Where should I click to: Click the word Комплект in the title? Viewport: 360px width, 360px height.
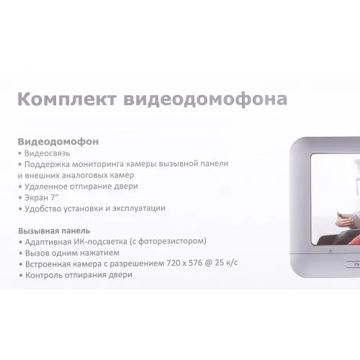click(x=67, y=99)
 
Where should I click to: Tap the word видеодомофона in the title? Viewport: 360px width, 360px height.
click(x=205, y=99)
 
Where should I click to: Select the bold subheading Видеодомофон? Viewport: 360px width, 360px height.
click(x=58, y=142)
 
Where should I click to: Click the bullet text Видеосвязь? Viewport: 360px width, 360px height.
click(x=48, y=153)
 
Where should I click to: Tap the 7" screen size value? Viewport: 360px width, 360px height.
click(x=55, y=197)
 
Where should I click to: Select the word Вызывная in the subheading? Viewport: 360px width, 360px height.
click(x=39, y=231)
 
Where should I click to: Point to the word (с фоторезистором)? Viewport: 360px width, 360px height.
click(x=168, y=241)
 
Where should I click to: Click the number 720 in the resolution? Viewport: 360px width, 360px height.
click(x=173, y=264)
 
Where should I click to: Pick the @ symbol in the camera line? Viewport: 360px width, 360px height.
click(x=209, y=264)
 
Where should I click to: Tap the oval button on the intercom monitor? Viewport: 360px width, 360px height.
click(x=353, y=264)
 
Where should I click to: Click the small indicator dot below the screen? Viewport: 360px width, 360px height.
click(x=330, y=251)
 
